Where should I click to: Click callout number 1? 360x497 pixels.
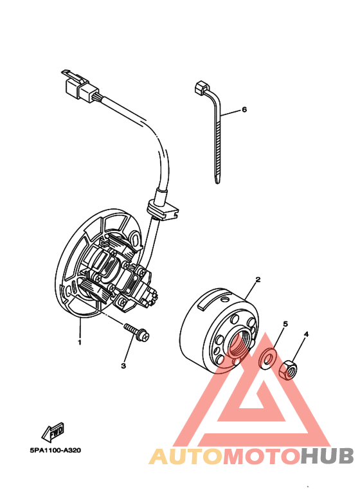coord(80,343)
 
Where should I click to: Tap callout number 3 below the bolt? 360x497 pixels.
coord(123,366)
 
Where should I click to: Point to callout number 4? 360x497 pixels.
coord(307,334)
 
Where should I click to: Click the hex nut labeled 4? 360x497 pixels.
coord(289,369)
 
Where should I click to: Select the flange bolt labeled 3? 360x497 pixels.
coord(138,332)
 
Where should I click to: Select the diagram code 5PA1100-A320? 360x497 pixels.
coord(55,449)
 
